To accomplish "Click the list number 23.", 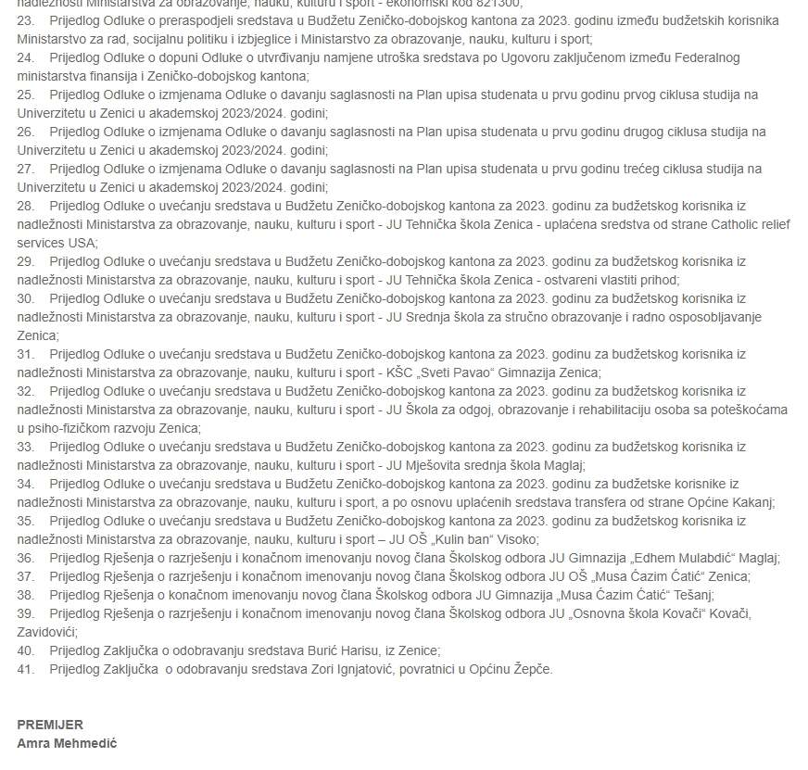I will point(25,20).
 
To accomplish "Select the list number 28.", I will point(25,206).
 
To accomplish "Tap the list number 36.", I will point(25,558).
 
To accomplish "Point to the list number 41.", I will point(25,669).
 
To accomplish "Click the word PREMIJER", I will point(50,725).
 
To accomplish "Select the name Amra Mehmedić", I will point(67,743).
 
